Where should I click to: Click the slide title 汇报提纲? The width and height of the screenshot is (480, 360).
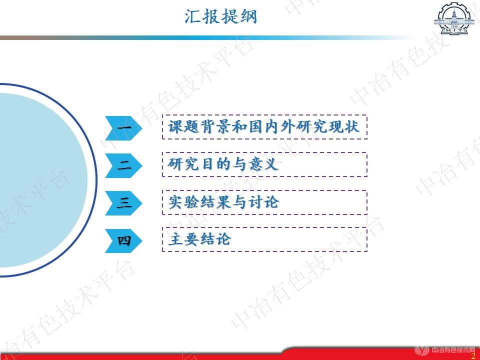pyautogui.click(x=220, y=16)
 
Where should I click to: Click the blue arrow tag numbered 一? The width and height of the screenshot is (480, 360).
pyautogui.click(x=123, y=128)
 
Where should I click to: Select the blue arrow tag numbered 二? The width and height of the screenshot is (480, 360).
pyautogui.click(x=123, y=165)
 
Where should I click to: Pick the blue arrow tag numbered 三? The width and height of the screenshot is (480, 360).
pyautogui.click(x=123, y=203)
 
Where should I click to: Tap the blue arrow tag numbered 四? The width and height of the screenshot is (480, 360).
pyautogui.click(x=123, y=240)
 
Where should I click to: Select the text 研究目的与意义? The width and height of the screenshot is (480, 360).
pyautogui.click(x=223, y=164)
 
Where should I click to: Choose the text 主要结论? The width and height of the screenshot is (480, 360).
pyautogui.click(x=199, y=239)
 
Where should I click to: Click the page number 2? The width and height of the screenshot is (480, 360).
pyautogui.click(x=472, y=354)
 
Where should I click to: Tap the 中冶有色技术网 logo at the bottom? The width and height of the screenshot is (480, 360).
pyautogui.click(x=445, y=350)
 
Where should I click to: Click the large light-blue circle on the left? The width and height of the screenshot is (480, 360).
pyautogui.click(x=40, y=180)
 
